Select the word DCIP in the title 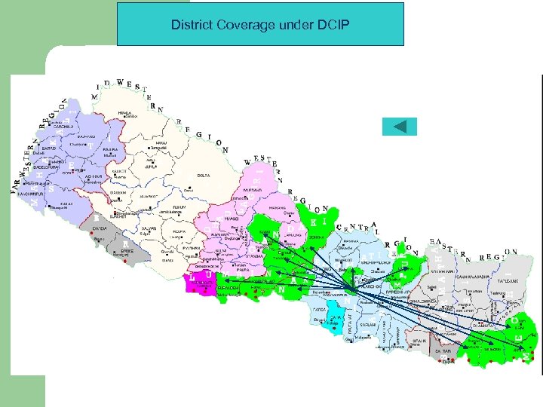[x=338, y=25]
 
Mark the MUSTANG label [x=252, y=190]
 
